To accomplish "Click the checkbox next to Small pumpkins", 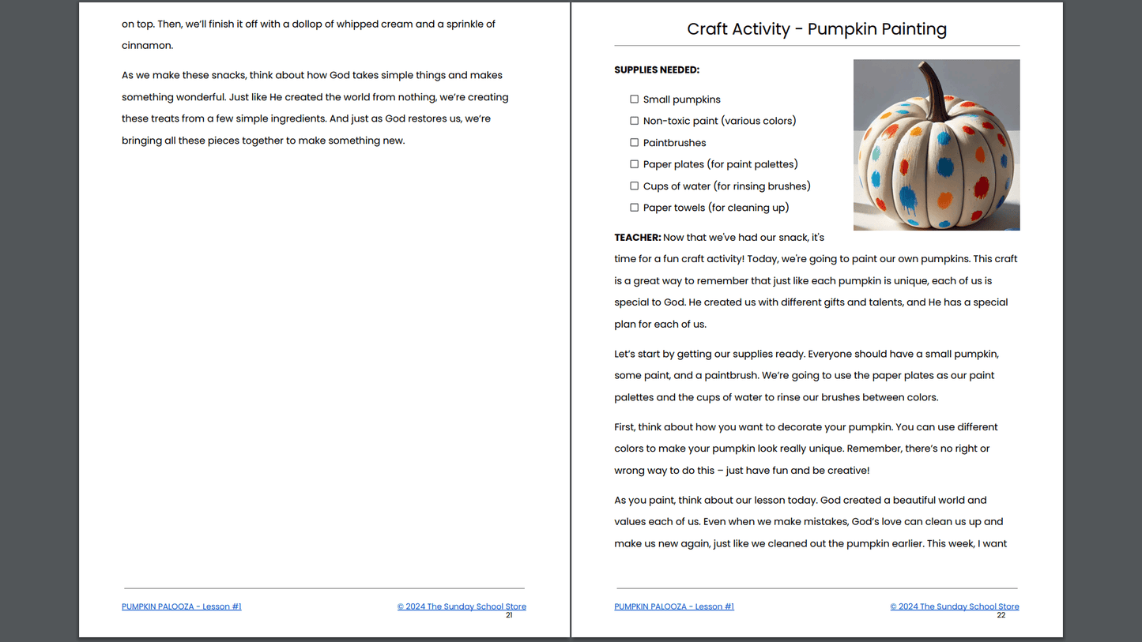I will click(x=634, y=99).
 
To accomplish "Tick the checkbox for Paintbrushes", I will click(x=634, y=143).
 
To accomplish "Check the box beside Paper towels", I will click(x=634, y=208).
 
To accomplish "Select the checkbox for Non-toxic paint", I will click(x=634, y=121).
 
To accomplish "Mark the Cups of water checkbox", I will click(x=634, y=186).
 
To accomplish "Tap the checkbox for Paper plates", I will click(x=634, y=164).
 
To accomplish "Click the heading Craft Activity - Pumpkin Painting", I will click(x=816, y=29).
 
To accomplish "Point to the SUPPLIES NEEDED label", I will click(x=657, y=70).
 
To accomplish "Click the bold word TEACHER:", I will click(x=637, y=238).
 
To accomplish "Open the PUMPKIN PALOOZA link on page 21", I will click(x=181, y=606).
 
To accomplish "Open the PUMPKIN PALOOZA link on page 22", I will click(x=673, y=606).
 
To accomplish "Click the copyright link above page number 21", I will click(x=462, y=606).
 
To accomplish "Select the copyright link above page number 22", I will click(x=954, y=606).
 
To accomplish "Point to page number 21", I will click(x=509, y=615).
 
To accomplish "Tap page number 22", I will click(x=1001, y=615).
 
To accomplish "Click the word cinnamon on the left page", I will click(x=147, y=46).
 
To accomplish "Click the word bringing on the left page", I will click(x=141, y=141).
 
